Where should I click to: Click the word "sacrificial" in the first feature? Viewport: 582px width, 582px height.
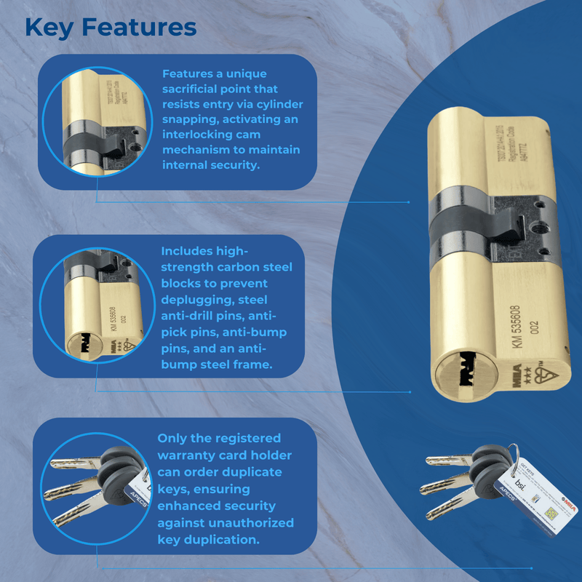coord(194,90)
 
